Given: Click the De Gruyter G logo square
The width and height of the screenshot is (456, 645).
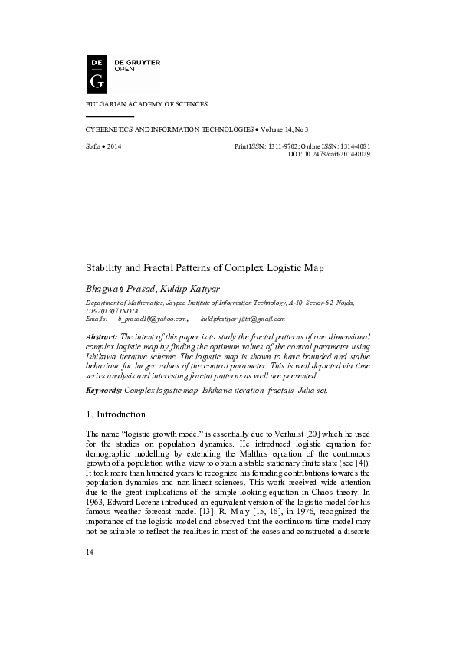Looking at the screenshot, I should pyautogui.click(x=97, y=73).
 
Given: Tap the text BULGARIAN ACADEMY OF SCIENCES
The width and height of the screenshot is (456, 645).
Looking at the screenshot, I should pyautogui.click(x=145, y=103).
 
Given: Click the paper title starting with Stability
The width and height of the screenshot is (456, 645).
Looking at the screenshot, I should pyautogui.click(x=204, y=268).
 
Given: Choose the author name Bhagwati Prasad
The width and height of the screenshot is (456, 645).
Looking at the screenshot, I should pyautogui.click(x=120, y=290).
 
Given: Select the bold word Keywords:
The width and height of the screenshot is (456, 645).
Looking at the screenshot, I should pyautogui.click(x=103, y=391).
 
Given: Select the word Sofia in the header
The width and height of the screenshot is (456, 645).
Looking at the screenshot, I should pyautogui.click(x=93, y=146).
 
